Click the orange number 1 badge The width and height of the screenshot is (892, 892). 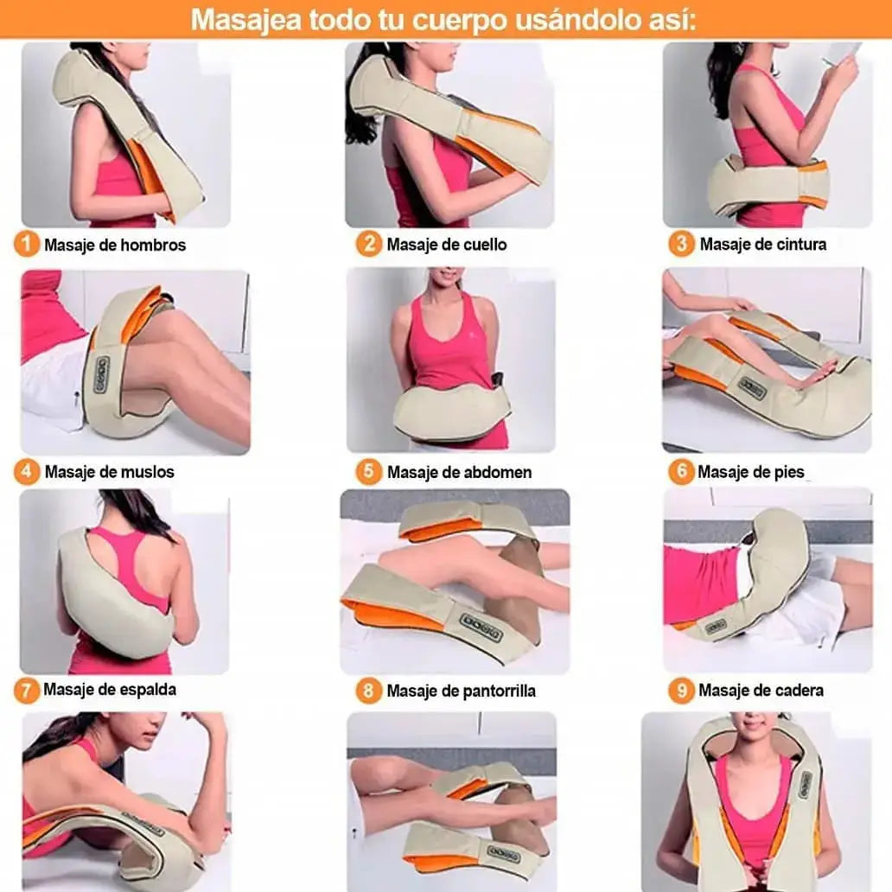coord(26,245)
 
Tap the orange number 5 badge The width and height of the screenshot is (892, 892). coord(369,472)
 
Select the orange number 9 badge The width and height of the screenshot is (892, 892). coord(681,691)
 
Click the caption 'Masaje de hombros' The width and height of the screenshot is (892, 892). coord(115,245)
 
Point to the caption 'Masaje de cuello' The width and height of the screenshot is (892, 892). coord(447,245)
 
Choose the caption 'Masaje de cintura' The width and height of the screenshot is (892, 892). coord(762,245)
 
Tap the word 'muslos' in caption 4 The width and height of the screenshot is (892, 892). coord(148,472)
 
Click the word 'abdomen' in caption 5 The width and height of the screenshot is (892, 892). coord(499,472)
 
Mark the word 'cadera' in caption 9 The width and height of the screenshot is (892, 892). coord(799,691)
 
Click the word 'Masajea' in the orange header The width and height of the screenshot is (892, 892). coord(233,19)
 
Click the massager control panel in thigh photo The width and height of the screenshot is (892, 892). coord(101,374)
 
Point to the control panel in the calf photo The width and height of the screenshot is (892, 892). coord(481,624)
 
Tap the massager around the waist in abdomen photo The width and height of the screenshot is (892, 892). coord(449,412)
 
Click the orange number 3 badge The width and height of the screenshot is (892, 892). coord(681,245)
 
